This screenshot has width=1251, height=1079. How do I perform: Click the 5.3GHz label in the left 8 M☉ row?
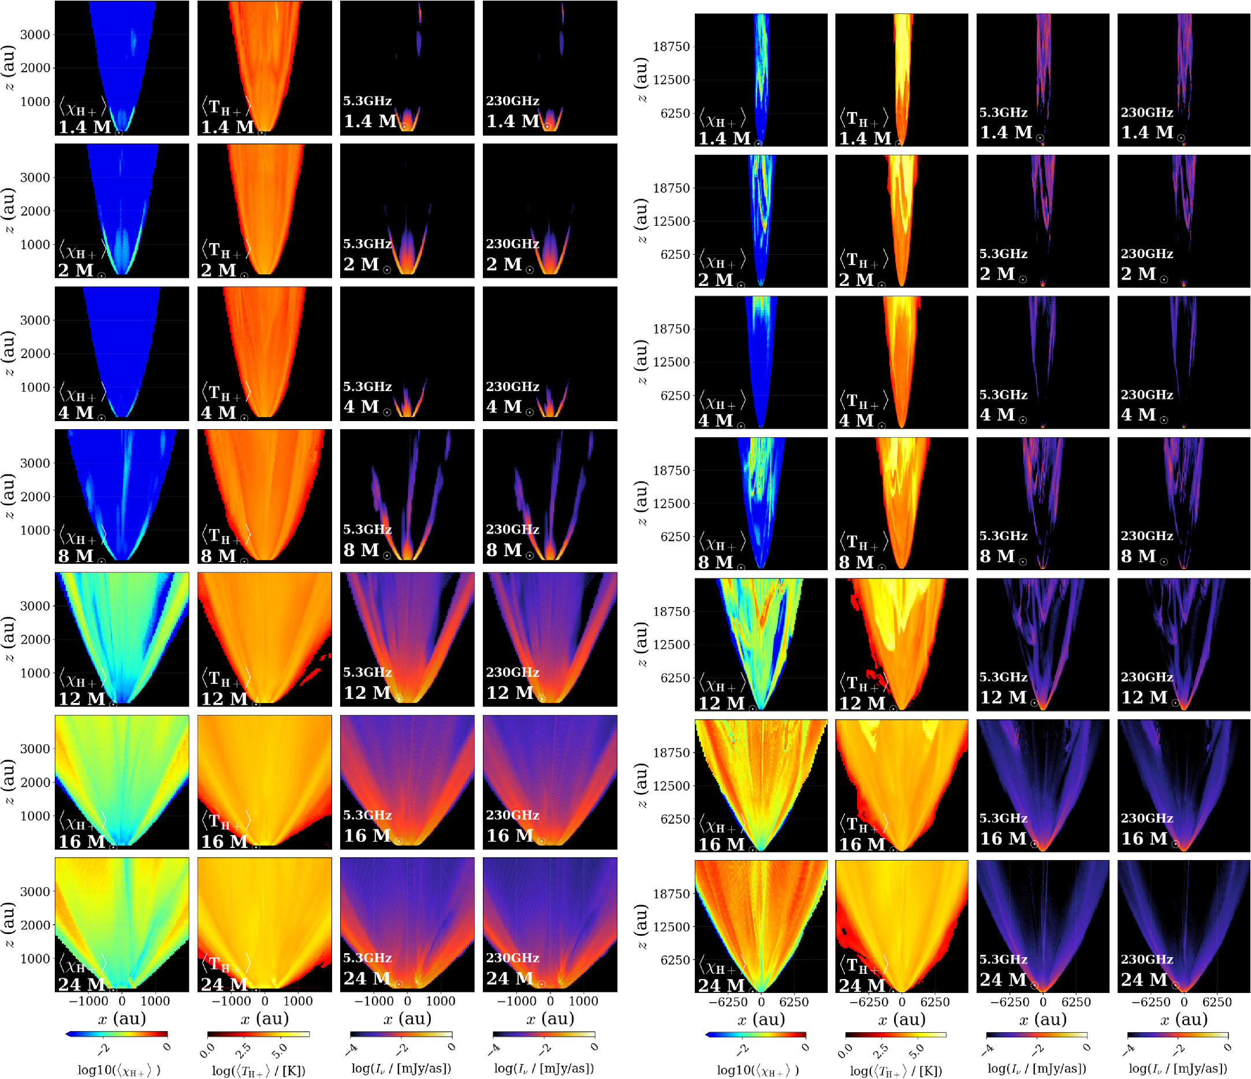click(x=367, y=530)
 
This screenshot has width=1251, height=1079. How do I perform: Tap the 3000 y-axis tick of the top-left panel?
click(x=35, y=35)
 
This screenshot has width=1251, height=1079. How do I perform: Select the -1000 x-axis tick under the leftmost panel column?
click(x=88, y=1000)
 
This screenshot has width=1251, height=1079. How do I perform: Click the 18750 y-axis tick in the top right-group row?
click(x=671, y=46)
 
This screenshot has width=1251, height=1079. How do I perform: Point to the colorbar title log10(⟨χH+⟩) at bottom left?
click(x=119, y=1070)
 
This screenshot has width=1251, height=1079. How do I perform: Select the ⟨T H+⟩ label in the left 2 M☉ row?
click(x=225, y=250)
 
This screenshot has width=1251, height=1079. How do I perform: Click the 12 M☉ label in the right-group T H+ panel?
click(x=864, y=704)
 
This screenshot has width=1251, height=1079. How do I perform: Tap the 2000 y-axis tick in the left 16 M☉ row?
click(x=35, y=783)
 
